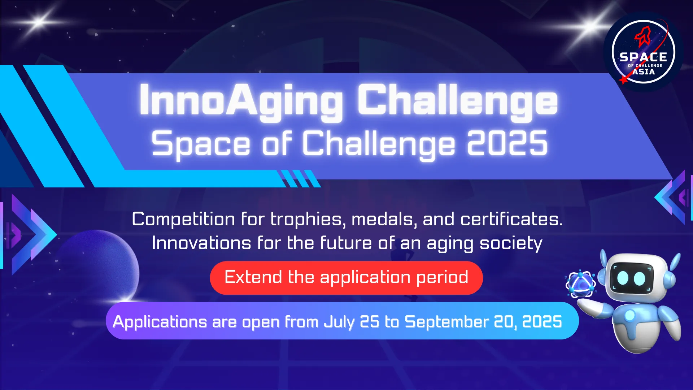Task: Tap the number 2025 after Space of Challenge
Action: (507, 143)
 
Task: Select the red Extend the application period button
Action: (346, 278)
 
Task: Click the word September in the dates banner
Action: (446, 322)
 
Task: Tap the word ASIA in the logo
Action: (644, 71)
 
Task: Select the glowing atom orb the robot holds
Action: (580, 284)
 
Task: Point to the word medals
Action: (384, 219)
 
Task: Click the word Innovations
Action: (201, 243)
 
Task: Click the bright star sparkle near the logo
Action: (590, 26)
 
